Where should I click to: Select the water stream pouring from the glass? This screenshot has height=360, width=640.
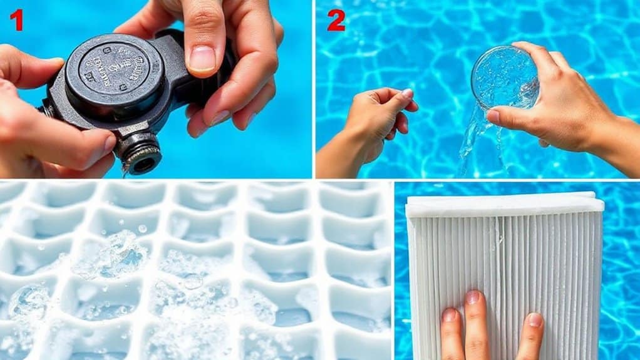click(x=471, y=141)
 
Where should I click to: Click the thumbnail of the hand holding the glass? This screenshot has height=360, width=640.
click(x=494, y=116)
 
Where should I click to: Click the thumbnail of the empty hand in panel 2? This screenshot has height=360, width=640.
click(x=407, y=94)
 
